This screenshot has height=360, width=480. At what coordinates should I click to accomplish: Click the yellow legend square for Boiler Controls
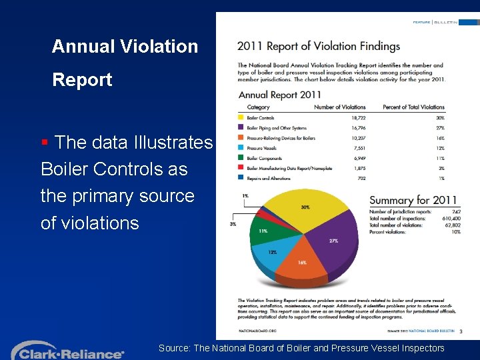(241, 118)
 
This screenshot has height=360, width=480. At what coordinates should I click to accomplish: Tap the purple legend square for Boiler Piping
(241, 127)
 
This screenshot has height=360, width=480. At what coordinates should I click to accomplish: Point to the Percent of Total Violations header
(413, 107)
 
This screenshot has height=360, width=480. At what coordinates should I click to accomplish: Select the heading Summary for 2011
(413, 200)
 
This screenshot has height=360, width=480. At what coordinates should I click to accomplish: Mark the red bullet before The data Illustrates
(45, 142)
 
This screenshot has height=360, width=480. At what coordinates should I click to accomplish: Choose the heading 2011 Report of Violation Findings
(319, 46)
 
